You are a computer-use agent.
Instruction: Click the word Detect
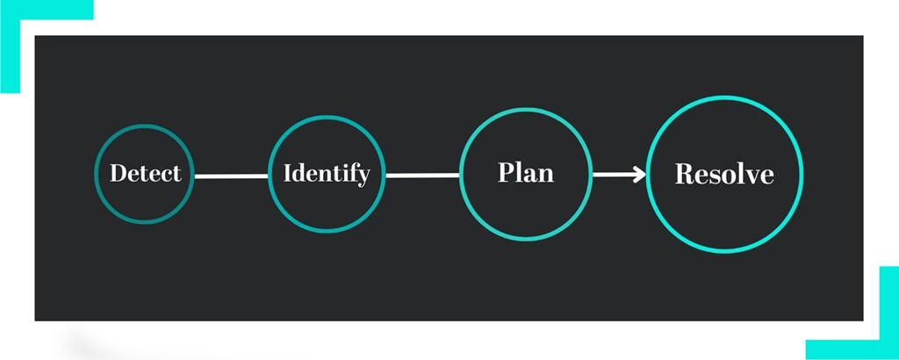pos(146,173)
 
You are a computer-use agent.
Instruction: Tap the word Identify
pos(327,174)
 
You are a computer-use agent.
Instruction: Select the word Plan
pos(526,172)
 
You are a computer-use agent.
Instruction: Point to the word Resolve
pos(724,174)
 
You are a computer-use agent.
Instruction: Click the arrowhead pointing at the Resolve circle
pos(640,174)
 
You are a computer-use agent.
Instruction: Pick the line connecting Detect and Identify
pos(231,176)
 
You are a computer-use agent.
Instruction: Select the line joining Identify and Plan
pos(422,176)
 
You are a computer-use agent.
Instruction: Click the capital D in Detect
pos(118,173)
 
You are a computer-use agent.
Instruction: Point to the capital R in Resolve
pos(684,174)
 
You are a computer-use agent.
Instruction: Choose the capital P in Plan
pos(507,172)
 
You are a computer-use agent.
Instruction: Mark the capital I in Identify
pos(288,173)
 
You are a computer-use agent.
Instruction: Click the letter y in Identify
pos(363,177)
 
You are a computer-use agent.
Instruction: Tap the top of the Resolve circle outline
pos(724,97)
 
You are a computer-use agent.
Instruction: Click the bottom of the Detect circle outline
pos(145,222)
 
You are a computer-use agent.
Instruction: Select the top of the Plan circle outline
pos(526,109)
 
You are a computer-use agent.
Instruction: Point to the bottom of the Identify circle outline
pos(327,231)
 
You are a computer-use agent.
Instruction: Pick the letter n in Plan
pos(546,176)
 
